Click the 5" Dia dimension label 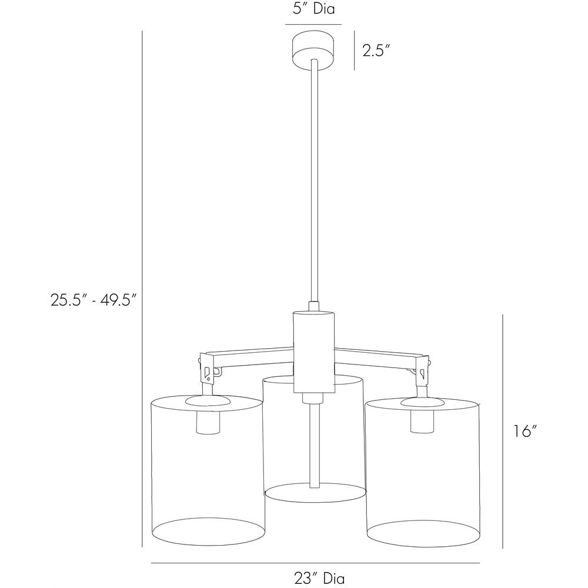coord(313,9)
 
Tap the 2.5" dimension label coord(374,50)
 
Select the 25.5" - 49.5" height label coord(93,300)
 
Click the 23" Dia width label coord(319,578)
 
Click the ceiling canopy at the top coord(313,50)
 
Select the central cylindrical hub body coord(313,352)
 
